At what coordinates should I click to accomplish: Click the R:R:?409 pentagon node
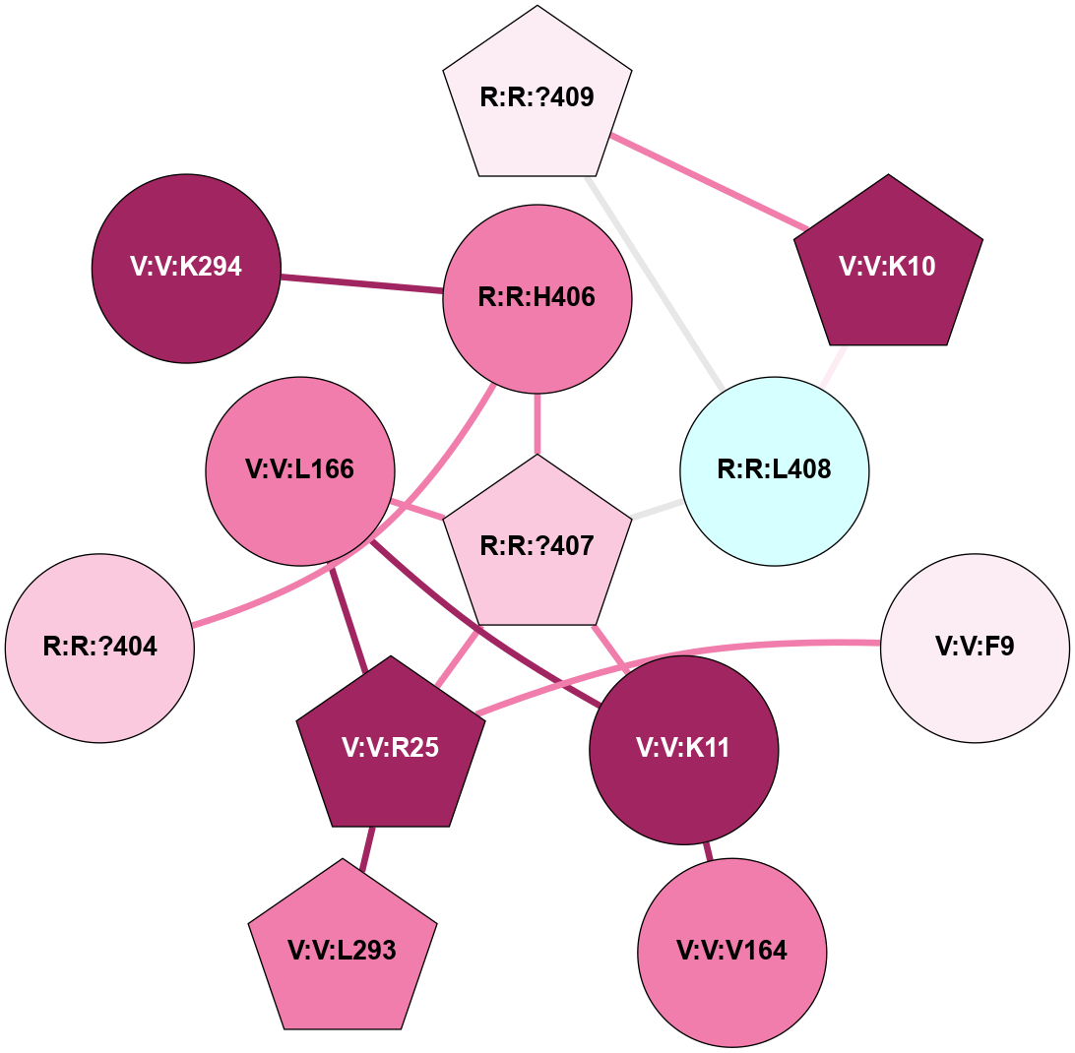click(x=537, y=98)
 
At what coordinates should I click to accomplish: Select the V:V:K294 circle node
click(x=186, y=268)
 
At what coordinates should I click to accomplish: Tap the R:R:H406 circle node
click(x=537, y=297)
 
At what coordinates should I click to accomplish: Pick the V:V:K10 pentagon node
click(x=889, y=268)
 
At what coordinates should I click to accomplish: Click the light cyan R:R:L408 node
click(x=775, y=470)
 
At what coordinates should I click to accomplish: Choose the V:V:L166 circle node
click(x=300, y=470)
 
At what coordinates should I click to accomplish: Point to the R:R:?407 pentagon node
click(x=537, y=545)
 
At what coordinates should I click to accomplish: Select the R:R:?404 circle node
click(x=100, y=648)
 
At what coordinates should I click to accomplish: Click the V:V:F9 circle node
click(x=975, y=648)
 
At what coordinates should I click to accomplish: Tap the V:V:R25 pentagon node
click(x=391, y=748)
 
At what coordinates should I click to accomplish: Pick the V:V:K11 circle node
click(x=684, y=748)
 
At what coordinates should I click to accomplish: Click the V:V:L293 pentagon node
click(x=342, y=951)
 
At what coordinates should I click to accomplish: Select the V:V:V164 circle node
click(x=732, y=951)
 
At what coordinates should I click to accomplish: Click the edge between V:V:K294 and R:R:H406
click(x=361, y=283)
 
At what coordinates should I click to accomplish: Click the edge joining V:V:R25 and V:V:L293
click(x=366, y=848)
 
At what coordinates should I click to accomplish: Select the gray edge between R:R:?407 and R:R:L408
click(x=657, y=509)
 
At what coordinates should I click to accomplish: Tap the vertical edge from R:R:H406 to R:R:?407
click(x=537, y=423)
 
